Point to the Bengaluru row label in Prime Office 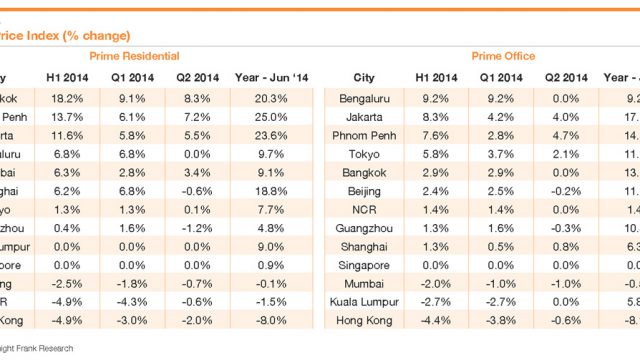(364, 99)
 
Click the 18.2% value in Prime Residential (68, 99)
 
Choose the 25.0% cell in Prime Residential (285, 117)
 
